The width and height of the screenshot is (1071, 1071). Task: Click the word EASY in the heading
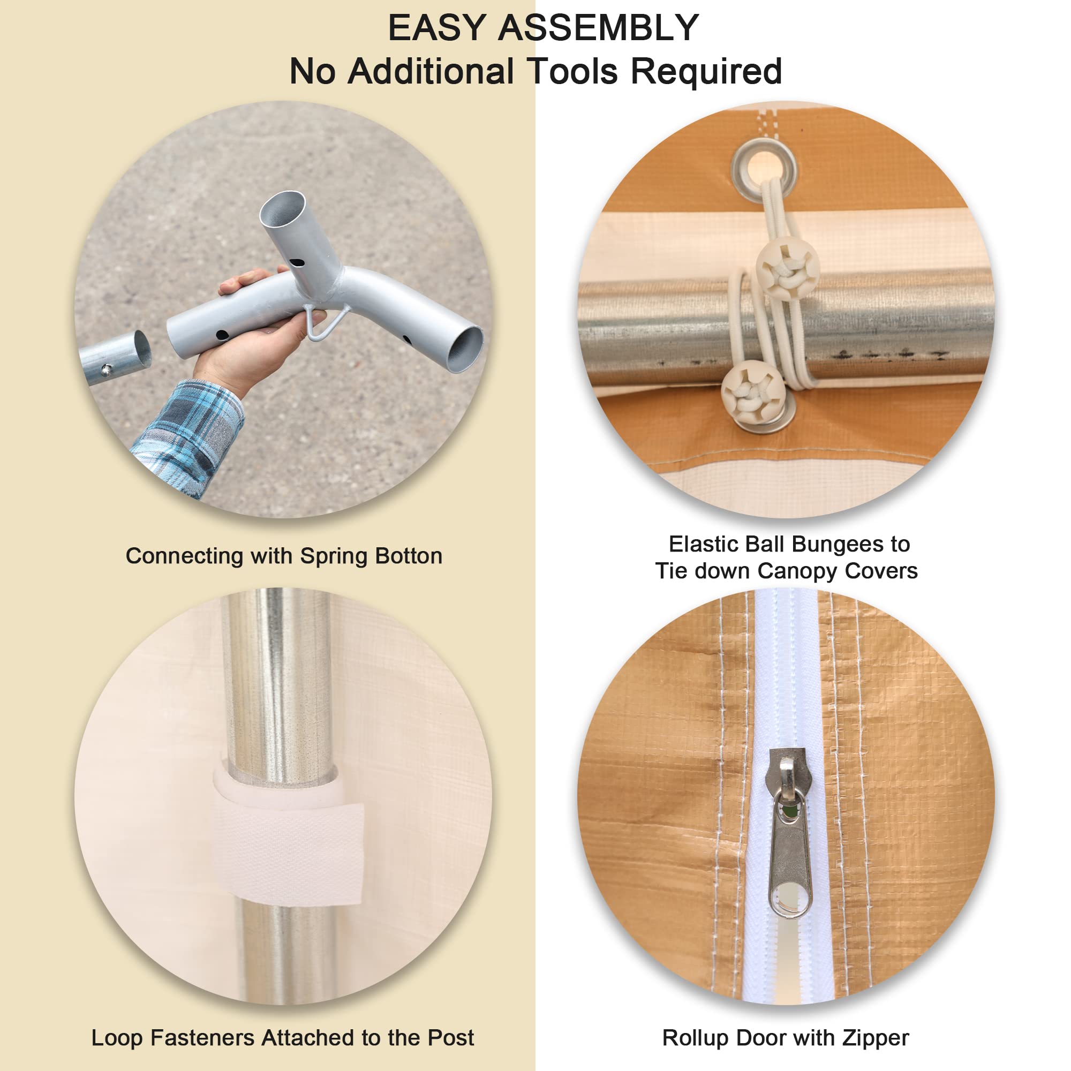(437, 28)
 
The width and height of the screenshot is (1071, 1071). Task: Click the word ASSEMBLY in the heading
(599, 28)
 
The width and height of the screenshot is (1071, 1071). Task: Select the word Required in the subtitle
(706, 73)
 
